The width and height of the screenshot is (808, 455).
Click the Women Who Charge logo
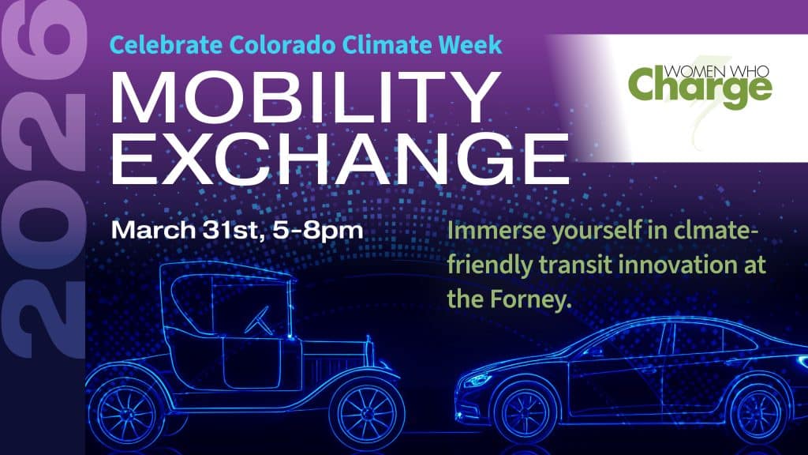click(x=700, y=85)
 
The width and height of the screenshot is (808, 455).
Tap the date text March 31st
click(x=189, y=230)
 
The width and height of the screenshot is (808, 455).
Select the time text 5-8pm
click(x=318, y=231)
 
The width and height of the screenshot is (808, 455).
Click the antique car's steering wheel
click(x=258, y=321)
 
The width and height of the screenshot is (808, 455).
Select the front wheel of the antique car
click(x=367, y=412)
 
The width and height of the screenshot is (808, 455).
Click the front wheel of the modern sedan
click(x=526, y=412)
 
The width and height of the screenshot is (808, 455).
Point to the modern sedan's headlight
click(x=477, y=381)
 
